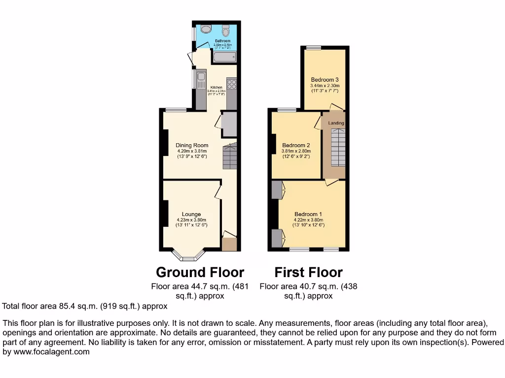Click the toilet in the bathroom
(x=226, y=31)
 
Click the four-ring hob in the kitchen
(x=231, y=84)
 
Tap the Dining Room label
(x=192, y=145)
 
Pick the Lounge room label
(x=191, y=214)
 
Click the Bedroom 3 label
(x=325, y=79)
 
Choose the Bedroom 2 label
(x=296, y=145)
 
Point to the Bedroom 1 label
(x=308, y=214)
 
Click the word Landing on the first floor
(x=336, y=123)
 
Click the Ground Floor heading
(x=200, y=272)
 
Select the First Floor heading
(x=308, y=272)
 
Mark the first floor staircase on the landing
(x=338, y=148)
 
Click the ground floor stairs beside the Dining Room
(x=230, y=156)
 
